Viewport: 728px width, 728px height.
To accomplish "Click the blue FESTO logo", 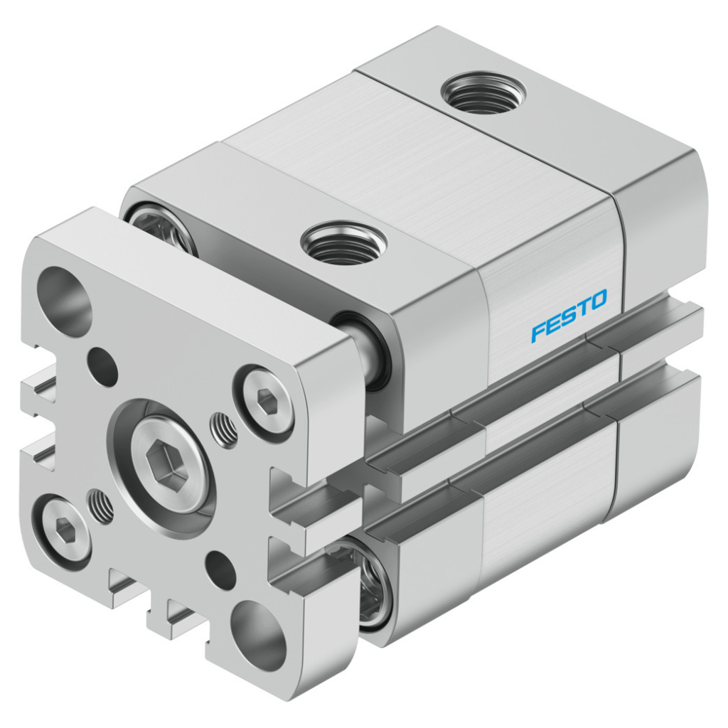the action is pos(569,315).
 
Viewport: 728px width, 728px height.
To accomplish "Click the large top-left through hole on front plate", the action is pos(65,295).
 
